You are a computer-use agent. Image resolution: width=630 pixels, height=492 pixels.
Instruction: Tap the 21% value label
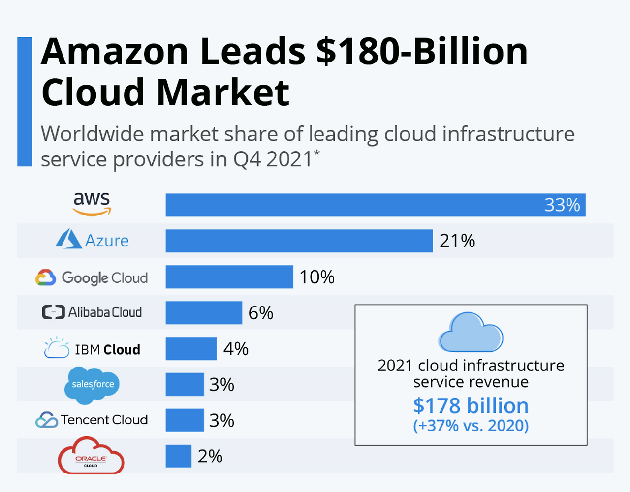click(x=457, y=241)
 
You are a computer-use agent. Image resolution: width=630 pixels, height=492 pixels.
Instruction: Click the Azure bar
click(x=299, y=241)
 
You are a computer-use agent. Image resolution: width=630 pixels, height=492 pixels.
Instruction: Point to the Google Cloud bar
click(x=229, y=277)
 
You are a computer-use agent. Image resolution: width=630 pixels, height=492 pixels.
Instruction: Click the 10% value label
click(x=317, y=277)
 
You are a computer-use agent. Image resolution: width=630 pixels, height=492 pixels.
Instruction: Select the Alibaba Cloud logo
click(x=92, y=312)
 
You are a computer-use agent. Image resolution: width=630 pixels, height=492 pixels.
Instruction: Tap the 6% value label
click(x=260, y=313)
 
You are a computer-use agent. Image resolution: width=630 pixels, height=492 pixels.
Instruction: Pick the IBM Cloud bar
click(x=191, y=349)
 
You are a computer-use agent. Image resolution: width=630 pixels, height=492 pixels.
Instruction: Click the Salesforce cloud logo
click(x=92, y=385)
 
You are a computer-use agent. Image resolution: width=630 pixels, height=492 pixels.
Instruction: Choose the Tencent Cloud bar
click(x=185, y=420)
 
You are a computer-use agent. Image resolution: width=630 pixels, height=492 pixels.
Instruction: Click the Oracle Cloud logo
click(x=91, y=456)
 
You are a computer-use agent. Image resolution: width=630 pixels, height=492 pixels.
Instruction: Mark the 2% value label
click(x=210, y=457)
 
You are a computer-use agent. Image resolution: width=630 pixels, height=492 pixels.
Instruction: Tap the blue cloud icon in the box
click(x=470, y=333)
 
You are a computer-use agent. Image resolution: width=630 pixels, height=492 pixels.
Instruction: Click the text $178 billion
click(x=471, y=406)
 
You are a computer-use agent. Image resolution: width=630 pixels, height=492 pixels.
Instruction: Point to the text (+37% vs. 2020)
click(x=471, y=425)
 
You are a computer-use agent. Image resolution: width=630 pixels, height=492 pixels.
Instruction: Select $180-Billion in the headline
click(x=421, y=52)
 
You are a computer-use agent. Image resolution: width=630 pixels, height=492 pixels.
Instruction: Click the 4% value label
click(x=236, y=349)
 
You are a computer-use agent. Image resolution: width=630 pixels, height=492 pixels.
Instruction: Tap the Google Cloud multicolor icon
click(x=46, y=277)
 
